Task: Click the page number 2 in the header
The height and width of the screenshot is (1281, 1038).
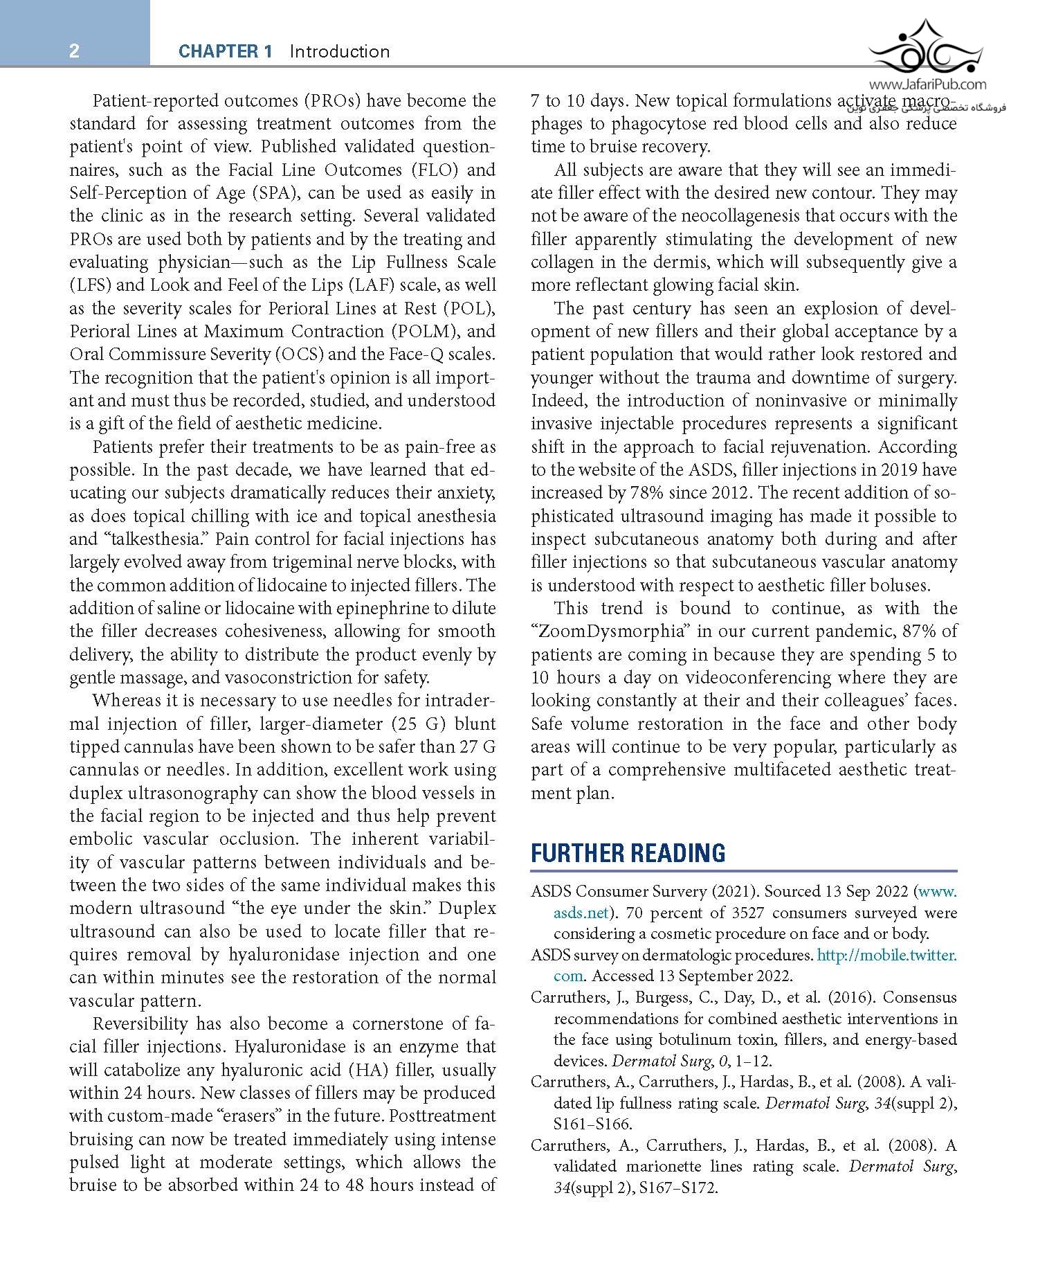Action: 74,51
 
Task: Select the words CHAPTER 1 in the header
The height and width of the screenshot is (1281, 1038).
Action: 225,51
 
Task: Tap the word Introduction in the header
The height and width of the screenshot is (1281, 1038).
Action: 340,51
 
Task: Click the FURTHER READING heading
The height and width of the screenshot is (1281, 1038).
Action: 628,853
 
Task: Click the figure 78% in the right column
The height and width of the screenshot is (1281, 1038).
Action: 645,492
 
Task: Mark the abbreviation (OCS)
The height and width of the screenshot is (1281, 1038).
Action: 299,354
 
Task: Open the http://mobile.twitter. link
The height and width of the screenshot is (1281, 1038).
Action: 886,955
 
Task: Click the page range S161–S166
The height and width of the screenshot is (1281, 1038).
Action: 592,1124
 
